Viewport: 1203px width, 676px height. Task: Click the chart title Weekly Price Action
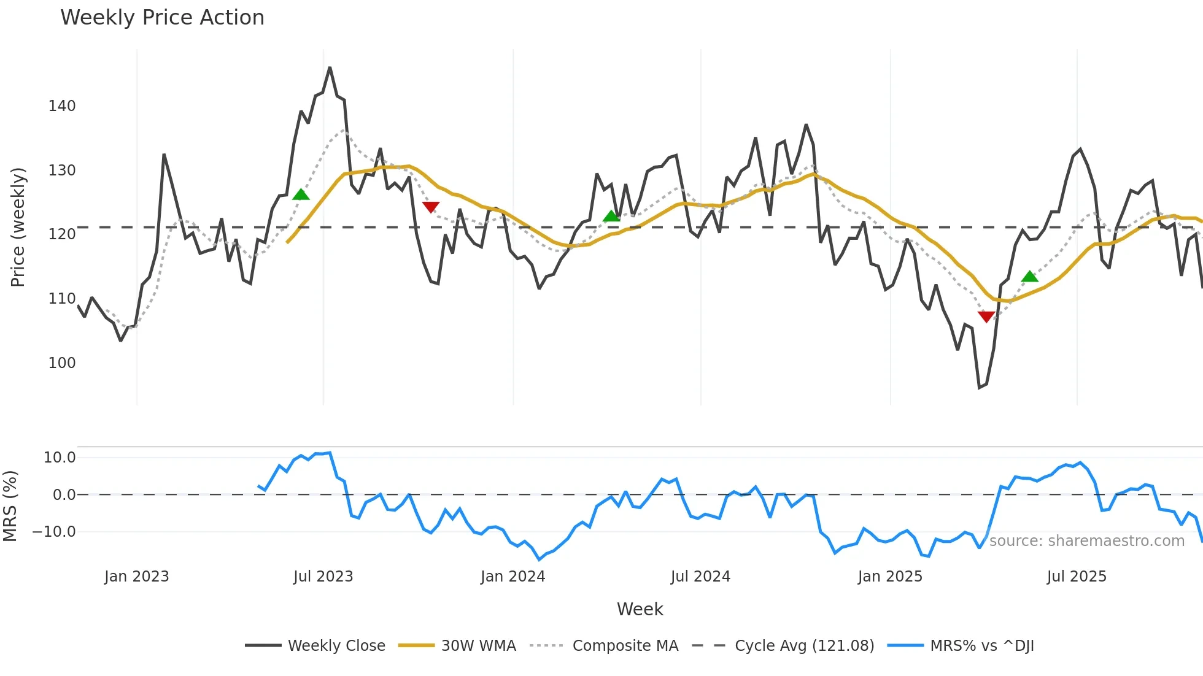[162, 18]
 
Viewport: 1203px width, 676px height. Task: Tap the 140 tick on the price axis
[62, 106]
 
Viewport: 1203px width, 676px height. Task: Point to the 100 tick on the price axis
[62, 363]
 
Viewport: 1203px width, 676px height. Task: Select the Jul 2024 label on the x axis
[700, 577]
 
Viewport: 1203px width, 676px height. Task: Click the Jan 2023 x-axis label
[136, 577]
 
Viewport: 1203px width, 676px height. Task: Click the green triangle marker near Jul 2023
[301, 195]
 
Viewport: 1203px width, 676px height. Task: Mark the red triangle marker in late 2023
[431, 207]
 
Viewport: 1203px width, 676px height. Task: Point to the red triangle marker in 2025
[986, 317]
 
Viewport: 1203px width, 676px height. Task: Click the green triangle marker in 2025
[1030, 277]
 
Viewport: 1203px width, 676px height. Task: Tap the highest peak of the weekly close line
[330, 67]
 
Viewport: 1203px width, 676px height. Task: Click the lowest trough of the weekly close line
[980, 388]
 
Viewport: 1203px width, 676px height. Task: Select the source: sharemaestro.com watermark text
[1086, 541]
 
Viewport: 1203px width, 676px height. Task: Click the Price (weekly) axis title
[18, 227]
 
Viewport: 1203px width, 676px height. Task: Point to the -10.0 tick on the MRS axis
[54, 532]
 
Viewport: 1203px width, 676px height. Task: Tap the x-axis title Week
[640, 609]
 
